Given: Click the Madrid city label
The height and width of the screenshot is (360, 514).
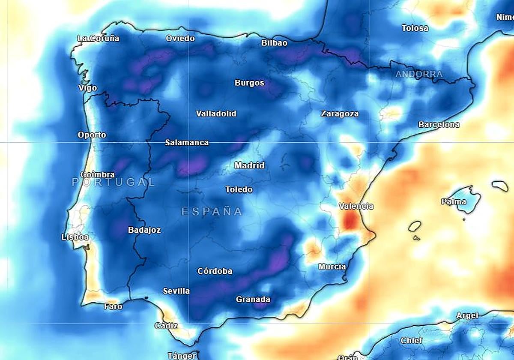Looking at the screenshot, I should click(249, 165).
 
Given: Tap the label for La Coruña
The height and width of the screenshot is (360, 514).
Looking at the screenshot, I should click(98, 38).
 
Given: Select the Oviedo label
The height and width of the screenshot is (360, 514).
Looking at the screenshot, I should click(180, 39).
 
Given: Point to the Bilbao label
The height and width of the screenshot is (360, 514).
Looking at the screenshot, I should click(274, 43).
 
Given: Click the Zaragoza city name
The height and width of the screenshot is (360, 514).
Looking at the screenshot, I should click(340, 114).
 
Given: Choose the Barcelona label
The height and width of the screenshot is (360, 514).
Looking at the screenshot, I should click(439, 125).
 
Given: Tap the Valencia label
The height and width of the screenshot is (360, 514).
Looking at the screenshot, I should click(356, 206).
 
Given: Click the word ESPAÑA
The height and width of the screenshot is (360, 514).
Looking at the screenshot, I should click(212, 211).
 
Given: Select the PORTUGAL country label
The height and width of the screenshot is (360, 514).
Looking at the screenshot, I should click(113, 182).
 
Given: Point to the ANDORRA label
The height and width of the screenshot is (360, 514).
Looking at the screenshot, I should click(419, 74).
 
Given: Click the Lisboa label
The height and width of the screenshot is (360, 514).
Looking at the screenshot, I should click(75, 237).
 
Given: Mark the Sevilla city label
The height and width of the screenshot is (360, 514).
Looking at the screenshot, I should click(176, 291).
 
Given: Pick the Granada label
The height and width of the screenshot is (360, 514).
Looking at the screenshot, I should click(253, 300).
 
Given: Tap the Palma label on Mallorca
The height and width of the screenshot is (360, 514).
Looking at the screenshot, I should click(454, 201).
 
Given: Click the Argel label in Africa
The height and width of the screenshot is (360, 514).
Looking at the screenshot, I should click(467, 315).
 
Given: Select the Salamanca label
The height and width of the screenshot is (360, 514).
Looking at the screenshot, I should click(187, 142).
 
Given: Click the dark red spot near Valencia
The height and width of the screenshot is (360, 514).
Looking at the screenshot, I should click(350, 221).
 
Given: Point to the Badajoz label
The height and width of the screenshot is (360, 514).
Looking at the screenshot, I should click(144, 230).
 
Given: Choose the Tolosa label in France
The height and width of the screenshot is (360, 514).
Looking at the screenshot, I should click(415, 28).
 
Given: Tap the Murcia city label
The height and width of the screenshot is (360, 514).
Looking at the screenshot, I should click(332, 267).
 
